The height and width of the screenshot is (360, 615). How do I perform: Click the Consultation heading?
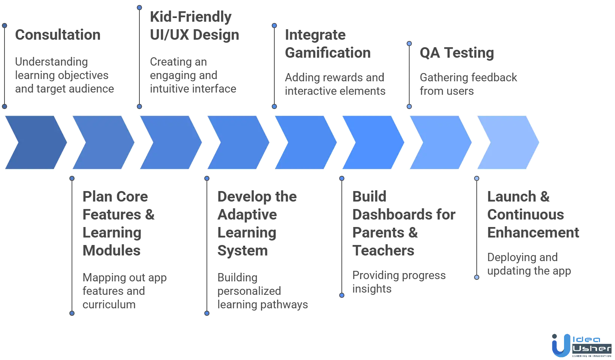point(58,35)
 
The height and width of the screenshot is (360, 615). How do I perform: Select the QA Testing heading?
point(456,54)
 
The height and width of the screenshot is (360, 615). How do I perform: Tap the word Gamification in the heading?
point(328,53)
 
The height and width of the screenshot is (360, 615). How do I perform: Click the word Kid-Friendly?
point(191,17)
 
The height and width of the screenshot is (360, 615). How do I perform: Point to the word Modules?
point(111,251)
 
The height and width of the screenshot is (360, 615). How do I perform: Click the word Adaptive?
point(247,215)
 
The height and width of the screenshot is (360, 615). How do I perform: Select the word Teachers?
point(383,251)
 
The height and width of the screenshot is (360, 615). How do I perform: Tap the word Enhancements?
point(533,233)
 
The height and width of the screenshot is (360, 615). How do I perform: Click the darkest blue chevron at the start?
point(36,142)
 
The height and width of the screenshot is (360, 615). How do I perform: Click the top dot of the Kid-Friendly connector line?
point(139,7)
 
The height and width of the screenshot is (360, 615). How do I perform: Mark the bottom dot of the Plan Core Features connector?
point(72,314)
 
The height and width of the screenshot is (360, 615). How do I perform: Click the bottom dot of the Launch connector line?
point(477,278)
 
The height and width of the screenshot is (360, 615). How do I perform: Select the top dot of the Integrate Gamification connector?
point(274,26)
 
